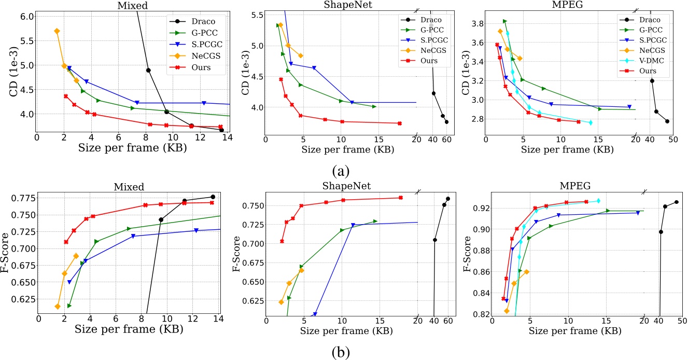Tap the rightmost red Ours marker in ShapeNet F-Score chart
400,198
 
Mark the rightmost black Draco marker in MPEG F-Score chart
676,202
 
